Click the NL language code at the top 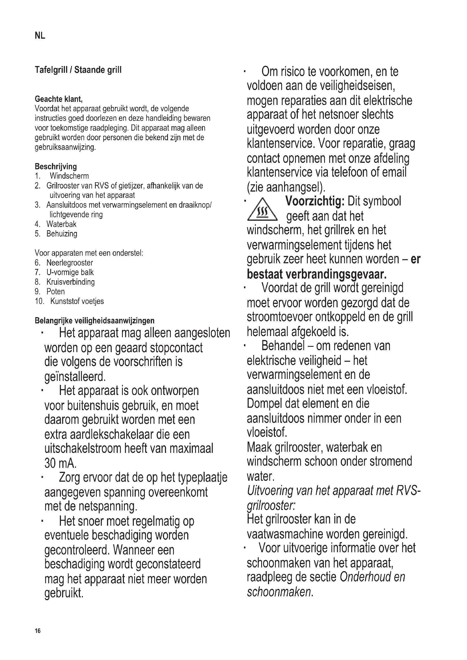(x=40, y=36)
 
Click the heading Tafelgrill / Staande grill (x=78, y=70)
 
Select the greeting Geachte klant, (x=59, y=99)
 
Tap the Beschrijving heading (x=56, y=166)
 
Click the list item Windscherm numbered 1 (x=69, y=176)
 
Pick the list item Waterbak (x=61, y=224)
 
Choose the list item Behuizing (x=62, y=234)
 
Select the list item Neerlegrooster (x=69, y=263)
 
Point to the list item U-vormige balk (x=70, y=272)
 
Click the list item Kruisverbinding (x=71, y=282)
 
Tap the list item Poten (x=56, y=291)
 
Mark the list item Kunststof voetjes (x=77, y=301)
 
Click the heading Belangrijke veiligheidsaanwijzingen (x=95, y=321)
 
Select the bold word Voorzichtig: (x=315, y=201)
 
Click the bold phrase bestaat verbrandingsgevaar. (x=317, y=274)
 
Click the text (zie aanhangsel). (x=286, y=187)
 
